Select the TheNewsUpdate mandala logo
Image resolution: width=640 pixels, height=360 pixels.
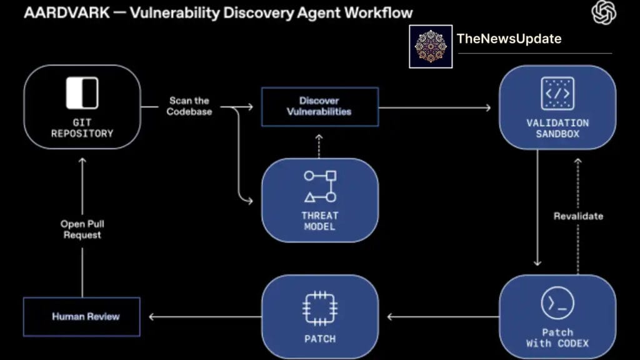click(x=431, y=47)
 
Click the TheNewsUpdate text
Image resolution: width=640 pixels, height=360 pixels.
click(x=509, y=39)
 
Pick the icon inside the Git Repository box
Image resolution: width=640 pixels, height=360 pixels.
click(x=82, y=94)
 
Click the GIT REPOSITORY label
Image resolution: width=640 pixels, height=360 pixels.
click(x=82, y=127)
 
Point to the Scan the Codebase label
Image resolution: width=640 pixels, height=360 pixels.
click(x=189, y=106)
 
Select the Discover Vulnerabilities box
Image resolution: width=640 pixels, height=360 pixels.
click(x=319, y=106)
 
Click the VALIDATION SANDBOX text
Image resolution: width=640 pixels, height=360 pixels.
click(x=557, y=128)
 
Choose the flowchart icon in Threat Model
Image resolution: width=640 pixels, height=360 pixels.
click(x=320, y=186)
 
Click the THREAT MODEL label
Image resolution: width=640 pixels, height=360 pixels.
click(x=320, y=220)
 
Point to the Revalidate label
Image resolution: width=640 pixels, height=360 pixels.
click(x=578, y=216)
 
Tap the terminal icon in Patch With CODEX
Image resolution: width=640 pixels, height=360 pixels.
click(x=557, y=304)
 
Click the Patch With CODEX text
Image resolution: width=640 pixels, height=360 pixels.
click(x=557, y=337)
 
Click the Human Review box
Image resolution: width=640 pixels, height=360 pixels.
click(x=81, y=317)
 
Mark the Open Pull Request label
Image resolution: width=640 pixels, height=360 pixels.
click(x=81, y=229)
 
